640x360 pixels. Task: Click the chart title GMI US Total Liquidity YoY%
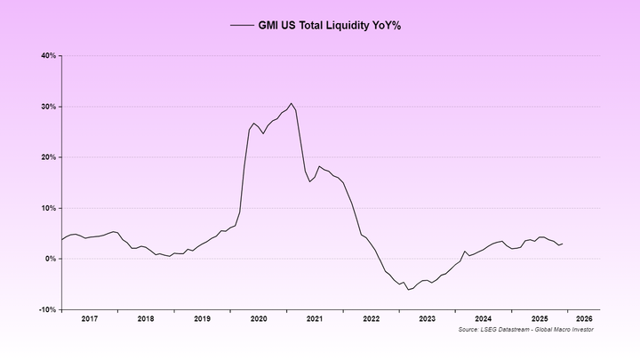click(332, 26)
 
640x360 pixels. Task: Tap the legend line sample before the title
click(242, 26)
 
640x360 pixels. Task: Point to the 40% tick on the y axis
click(48, 56)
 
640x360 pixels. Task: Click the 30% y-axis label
click(48, 107)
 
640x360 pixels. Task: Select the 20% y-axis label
click(48, 157)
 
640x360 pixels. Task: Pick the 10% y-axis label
click(48, 208)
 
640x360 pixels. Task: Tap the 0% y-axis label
click(51, 259)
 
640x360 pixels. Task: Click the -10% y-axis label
click(47, 310)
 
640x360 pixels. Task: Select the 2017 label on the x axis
click(89, 318)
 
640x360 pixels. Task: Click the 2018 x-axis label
click(146, 318)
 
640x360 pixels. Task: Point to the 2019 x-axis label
click(202, 318)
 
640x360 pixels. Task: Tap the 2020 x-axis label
click(259, 318)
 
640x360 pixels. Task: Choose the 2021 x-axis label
click(315, 318)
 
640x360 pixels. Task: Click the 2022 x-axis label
click(371, 318)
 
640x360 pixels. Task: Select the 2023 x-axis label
click(428, 318)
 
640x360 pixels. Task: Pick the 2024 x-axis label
click(484, 318)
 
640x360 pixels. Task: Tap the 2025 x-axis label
click(540, 318)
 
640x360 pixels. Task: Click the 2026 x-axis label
click(585, 318)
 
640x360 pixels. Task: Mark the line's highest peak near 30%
click(291, 103)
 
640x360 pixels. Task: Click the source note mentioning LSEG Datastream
click(526, 330)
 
